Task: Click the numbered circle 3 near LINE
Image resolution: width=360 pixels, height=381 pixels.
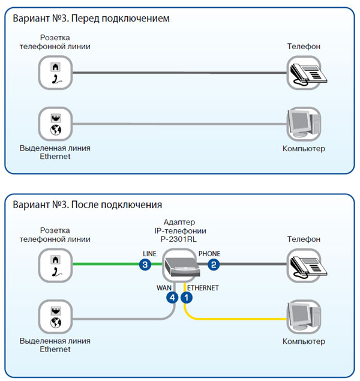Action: click(x=144, y=264)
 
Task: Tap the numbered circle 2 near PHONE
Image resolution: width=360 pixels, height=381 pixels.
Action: click(x=214, y=264)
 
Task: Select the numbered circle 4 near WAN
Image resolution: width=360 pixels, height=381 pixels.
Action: click(x=173, y=296)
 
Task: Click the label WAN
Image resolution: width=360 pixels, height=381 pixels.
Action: click(x=164, y=287)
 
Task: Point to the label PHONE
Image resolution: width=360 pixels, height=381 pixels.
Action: click(x=209, y=254)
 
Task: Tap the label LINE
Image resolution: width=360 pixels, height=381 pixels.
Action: click(x=149, y=254)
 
